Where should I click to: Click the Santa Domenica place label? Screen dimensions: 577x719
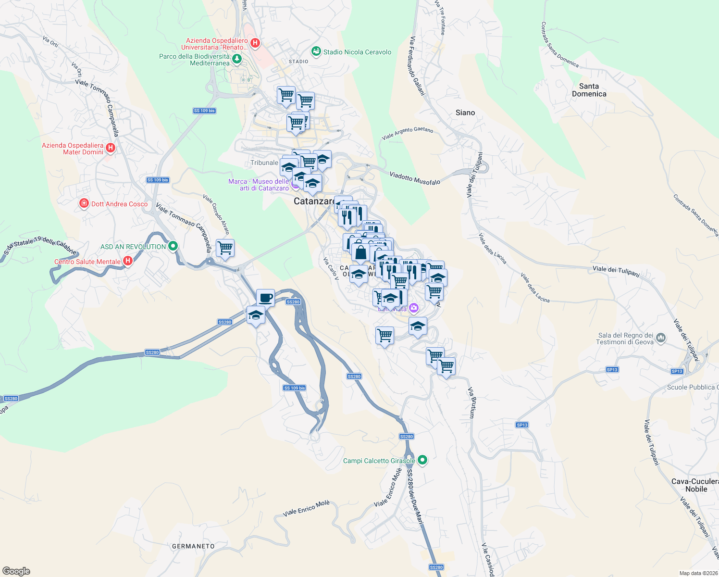tap(589, 90)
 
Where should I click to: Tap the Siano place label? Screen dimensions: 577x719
tap(465, 113)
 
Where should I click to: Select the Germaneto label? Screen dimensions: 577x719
tap(193, 546)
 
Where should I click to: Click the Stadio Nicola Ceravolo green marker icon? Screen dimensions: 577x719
tap(316, 51)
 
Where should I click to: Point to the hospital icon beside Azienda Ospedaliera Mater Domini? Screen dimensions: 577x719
tap(111, 148)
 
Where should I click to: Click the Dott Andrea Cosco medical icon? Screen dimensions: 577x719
tap(84, 204)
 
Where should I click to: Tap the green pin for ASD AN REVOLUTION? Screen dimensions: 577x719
tap(173, 246)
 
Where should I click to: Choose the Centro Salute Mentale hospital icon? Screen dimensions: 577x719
tap(127, 261)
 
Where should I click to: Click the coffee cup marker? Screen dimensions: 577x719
tap(265, 298)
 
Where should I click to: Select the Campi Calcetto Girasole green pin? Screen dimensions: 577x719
tap(422, 460)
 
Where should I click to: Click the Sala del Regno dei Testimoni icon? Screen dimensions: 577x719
tap(661, 338)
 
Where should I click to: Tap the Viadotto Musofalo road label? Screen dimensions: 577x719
tap(415, 178)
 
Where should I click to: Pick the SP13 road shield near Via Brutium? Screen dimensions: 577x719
tap(522, 425)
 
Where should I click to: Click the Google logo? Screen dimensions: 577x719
tap(16, 571)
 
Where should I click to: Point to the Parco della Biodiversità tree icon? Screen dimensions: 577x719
tap(236, 59)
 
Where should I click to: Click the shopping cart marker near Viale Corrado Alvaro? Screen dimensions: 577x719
tap(225, 249)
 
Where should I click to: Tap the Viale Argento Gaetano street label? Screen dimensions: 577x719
tap(408, 134)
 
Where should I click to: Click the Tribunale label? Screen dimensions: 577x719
tap(264, 163)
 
